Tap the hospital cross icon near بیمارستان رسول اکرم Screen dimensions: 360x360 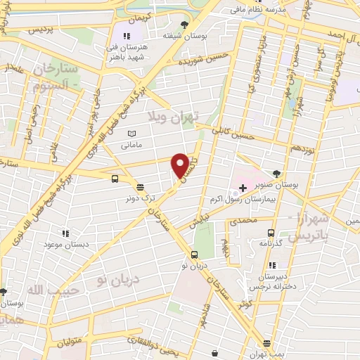coord(243,188)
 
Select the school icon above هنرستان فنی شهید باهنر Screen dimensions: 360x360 coord(127,36)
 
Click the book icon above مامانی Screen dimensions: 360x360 coord(131,134)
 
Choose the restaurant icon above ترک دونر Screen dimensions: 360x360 coord(141,188)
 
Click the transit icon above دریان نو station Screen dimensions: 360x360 coord(195,255)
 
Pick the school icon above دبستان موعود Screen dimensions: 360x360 coord(65,233)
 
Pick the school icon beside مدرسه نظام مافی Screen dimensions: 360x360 coord(233,11)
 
